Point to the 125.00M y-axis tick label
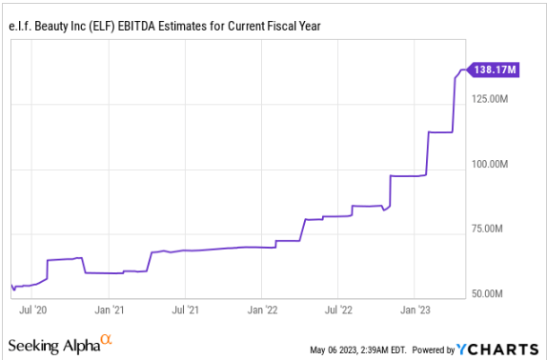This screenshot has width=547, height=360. (x=496, y=98)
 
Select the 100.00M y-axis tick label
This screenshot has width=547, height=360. (x=496, y=164)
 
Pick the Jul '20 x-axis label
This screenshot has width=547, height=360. (x=33, y=310)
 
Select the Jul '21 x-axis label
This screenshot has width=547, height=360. (x=185, y=310)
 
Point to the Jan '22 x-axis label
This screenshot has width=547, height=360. (x=263, y=310)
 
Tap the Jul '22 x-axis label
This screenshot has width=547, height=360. (x=339, y=310)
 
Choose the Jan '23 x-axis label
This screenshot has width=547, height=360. (x=415, y=310)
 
